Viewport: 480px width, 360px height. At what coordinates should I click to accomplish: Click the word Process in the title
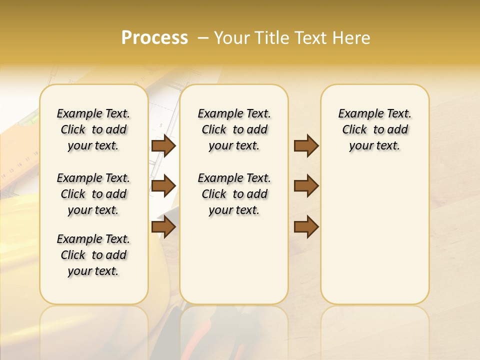pyautogui.click(x=154, y=38)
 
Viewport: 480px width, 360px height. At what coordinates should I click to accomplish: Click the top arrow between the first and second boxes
pyautogui.click(x=163, y=146)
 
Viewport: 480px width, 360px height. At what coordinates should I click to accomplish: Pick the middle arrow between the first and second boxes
pyautogui.click(x=163, y=186)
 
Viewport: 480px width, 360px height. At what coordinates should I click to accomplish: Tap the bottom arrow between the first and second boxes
pyautogui.click(x=163, y=226)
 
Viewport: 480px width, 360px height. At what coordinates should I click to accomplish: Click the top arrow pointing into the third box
pyautogui.click(x=306, y=146)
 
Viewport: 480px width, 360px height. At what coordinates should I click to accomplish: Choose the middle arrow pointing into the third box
pyautogui.click(x=306, y=186)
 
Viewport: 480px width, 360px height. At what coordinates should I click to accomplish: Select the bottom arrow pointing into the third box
pyautogui.click(x=306, y=226)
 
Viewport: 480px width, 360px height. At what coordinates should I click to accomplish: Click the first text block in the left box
pyautogui.click(x=93, y=129)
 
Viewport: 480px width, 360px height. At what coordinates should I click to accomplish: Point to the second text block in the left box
pyautogui.click(x=93, y=194)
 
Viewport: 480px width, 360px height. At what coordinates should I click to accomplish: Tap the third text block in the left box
pyautogui.click(x=93, y=255)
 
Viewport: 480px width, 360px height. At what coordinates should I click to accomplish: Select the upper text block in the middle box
pyautogui.click(x=234, y=129)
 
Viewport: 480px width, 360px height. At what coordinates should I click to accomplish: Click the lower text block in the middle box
pyautogui.click(x=234, y=194)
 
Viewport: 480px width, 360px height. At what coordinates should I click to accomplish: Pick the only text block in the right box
pyautogui.click(x=374, y=129)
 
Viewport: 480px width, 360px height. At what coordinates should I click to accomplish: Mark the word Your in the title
pyautogui.click(x=231, y=38)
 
